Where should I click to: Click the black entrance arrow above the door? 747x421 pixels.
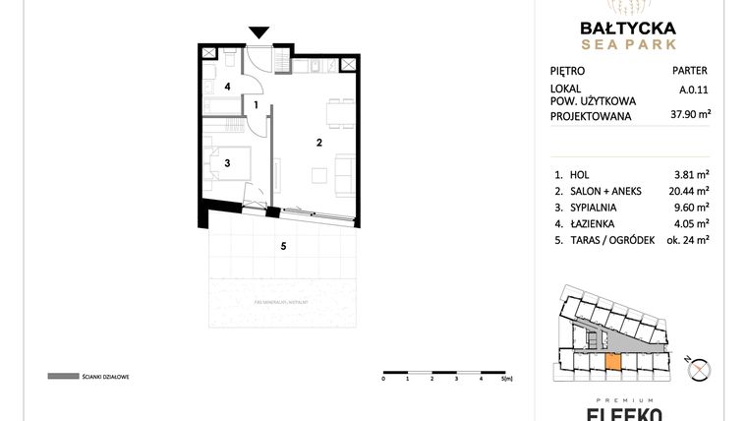point(259,33)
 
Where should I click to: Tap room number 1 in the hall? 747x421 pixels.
point(257,104)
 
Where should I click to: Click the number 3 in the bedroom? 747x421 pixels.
point(227,163)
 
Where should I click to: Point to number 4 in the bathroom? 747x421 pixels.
point(227,87)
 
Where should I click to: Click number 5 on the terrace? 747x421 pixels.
point(283,246)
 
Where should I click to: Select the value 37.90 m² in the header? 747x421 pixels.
point(689,114)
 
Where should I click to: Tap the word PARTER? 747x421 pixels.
point(691,71)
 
